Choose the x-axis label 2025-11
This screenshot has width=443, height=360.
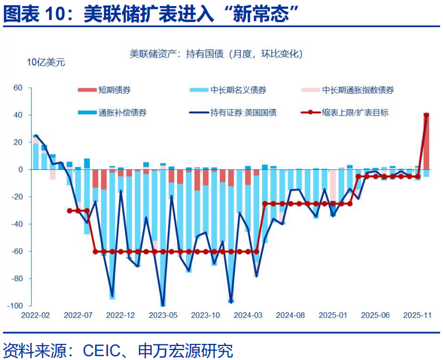(x=417, y=315)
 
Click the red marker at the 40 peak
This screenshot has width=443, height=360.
(x=426, y=115)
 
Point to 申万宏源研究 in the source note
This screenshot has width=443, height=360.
(x=185, y=350)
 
